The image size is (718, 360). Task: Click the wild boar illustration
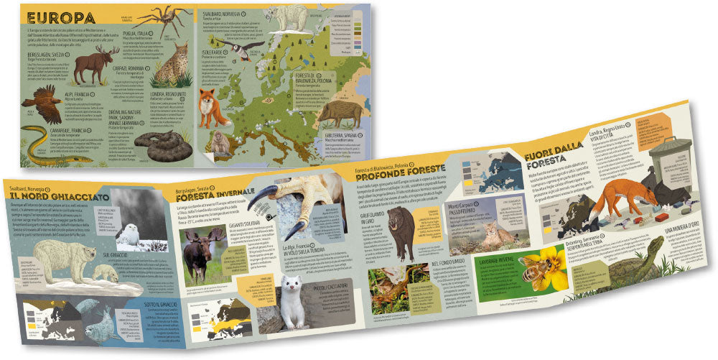pos(336,112)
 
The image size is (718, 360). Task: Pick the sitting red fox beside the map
pos(210,108)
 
